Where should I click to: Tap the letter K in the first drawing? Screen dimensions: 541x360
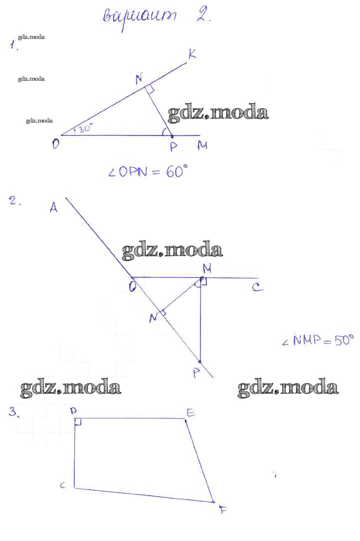192,54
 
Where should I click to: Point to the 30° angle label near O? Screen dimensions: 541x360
83,129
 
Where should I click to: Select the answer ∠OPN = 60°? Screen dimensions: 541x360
148,172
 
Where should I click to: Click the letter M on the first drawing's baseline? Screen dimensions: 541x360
202,145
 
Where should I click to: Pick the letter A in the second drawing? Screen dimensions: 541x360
54,208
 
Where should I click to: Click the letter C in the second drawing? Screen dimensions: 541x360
257,287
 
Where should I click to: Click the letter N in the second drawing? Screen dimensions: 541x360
154,317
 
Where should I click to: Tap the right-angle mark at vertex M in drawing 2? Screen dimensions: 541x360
203,282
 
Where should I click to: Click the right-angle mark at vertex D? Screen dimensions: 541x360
78,422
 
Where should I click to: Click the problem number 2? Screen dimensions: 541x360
13,201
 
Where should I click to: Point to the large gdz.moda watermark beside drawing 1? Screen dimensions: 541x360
218,113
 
